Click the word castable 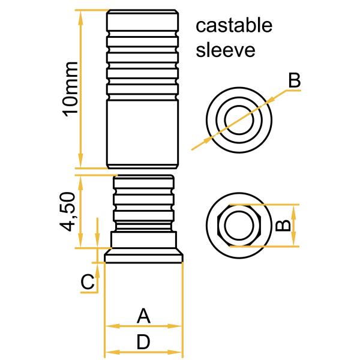tap(235, 26)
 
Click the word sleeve tap(226, 49)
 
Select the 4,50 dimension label tap(70, 211)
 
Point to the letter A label tap(143, 315)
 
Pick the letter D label tap(143, 342)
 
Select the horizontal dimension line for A tap(143, 326)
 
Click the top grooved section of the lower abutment tap(143, 182)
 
